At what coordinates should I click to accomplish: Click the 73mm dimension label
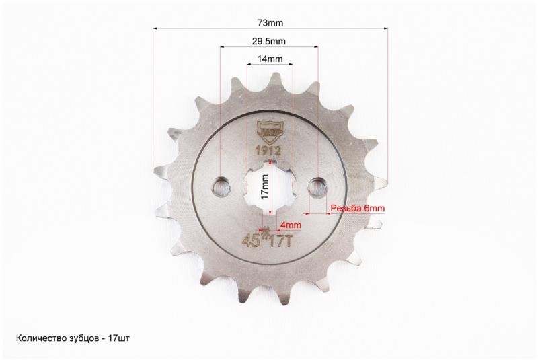coord(270,23)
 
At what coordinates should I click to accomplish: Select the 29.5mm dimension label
coord(268,42)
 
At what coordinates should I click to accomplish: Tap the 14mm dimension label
coord(270,59)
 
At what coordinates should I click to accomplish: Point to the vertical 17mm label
coord(264,187)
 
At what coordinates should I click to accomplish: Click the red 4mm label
coord(291,225)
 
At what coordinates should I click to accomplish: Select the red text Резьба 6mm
coord(358,208)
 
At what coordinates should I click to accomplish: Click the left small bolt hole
coord(221,187)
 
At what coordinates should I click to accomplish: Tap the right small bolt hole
coord(317,187)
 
